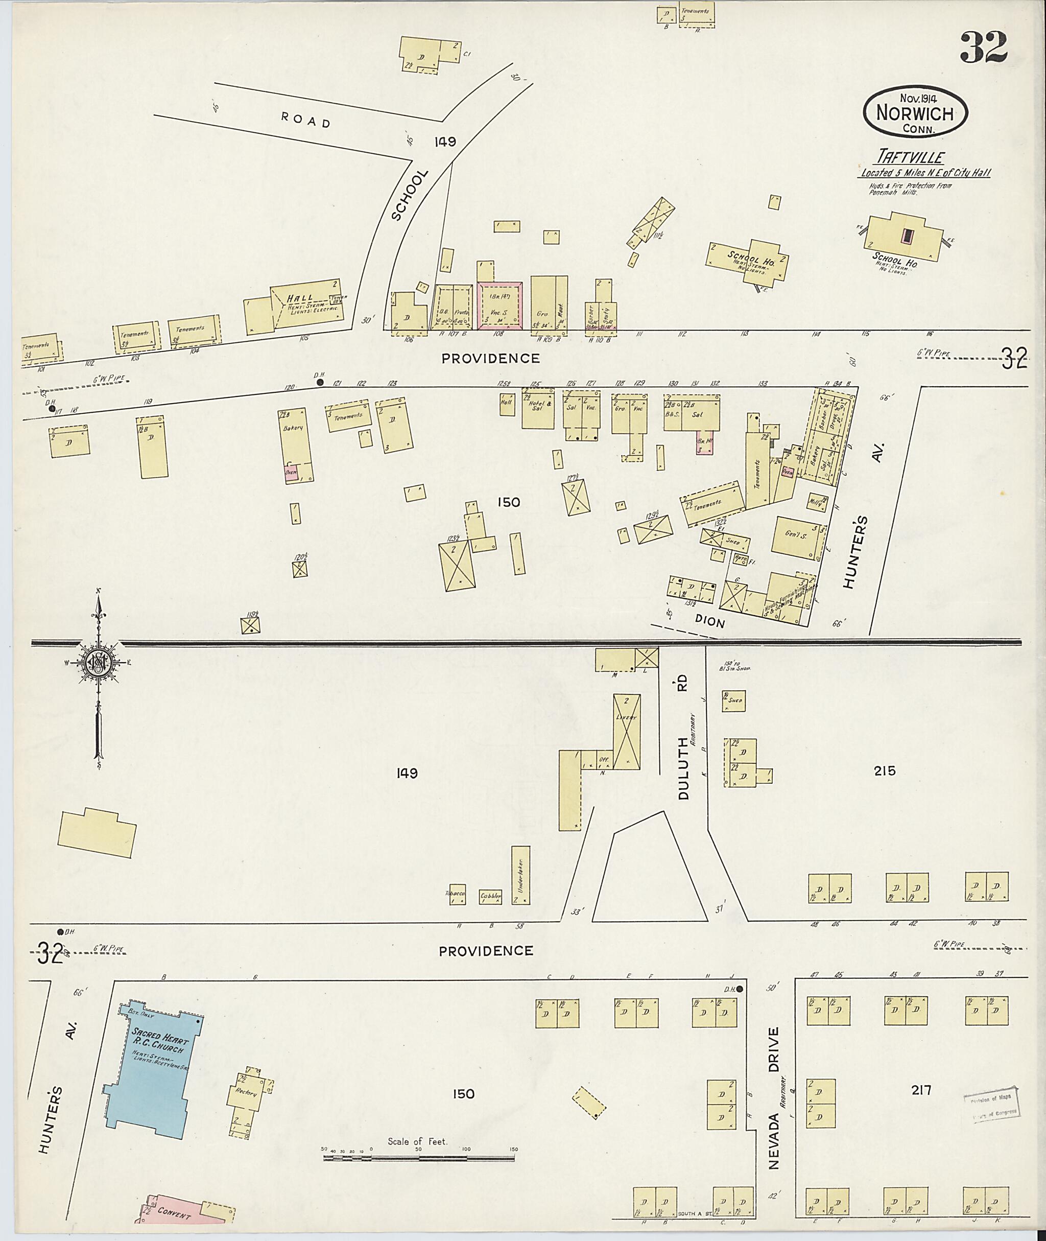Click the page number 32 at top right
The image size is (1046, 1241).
[x=983, y=48]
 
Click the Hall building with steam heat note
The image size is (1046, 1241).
[x=308, y=306]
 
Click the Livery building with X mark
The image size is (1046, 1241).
[x=626, y=732]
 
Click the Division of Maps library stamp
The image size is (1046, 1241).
[x=990, y=1105]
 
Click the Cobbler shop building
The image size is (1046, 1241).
[x=490, y=896]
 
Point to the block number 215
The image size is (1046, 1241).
[x=884, y=771]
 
